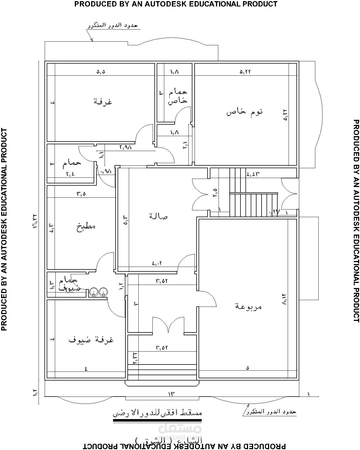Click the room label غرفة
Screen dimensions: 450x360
[103, 102]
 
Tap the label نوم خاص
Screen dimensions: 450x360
[245, 112]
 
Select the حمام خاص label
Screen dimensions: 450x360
[177, 97]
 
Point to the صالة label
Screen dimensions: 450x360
[158, 216]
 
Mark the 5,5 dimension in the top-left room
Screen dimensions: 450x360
[101, 72]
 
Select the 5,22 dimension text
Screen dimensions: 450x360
[245, 72]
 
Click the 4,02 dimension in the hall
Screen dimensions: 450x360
[157, 263]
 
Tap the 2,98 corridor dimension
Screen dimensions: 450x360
[126, 147]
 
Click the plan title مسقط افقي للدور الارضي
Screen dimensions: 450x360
[157, 413]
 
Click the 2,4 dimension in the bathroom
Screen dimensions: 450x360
[70, 174]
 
